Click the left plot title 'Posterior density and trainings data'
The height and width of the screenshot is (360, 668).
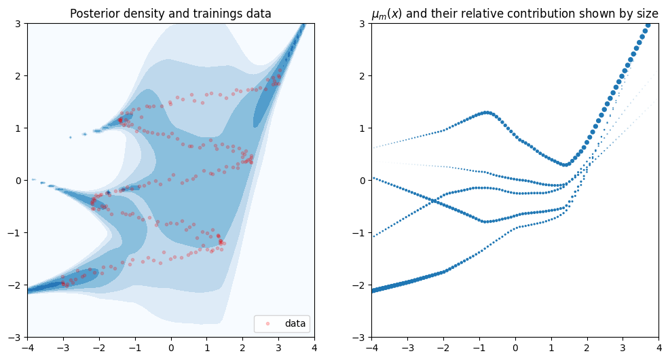tap(170, 14)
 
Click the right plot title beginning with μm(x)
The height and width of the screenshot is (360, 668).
tap(515, 14)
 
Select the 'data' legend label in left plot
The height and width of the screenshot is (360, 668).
tap(295, 324)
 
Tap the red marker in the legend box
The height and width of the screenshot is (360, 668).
tap(267, 324)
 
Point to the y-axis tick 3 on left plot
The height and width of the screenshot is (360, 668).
tap(19, 23)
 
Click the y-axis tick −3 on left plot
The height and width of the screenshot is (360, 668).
tap(16, 337)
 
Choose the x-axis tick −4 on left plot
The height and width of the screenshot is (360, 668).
tap(28, 348)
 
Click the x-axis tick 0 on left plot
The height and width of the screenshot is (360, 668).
tap(171, 348)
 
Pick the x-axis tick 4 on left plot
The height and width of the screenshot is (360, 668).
tap(314, 348)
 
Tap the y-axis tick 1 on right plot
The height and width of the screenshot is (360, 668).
tap(363, 128)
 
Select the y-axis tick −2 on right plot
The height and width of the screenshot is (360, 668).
tap(360, 285)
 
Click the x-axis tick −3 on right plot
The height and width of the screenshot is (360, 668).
tap(408, 348)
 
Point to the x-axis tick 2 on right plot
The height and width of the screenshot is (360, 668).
tap(587, 348)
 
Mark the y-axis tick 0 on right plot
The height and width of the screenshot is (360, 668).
tap(363, 180)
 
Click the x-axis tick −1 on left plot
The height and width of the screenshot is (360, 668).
tap(135, 348)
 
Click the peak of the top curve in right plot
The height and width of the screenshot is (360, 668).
tap(487, 112)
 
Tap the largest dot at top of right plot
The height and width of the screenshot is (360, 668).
tap(648, 25)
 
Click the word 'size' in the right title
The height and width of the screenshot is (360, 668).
tap(646, 14)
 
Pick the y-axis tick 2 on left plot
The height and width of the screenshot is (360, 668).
tap(19, 75)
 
